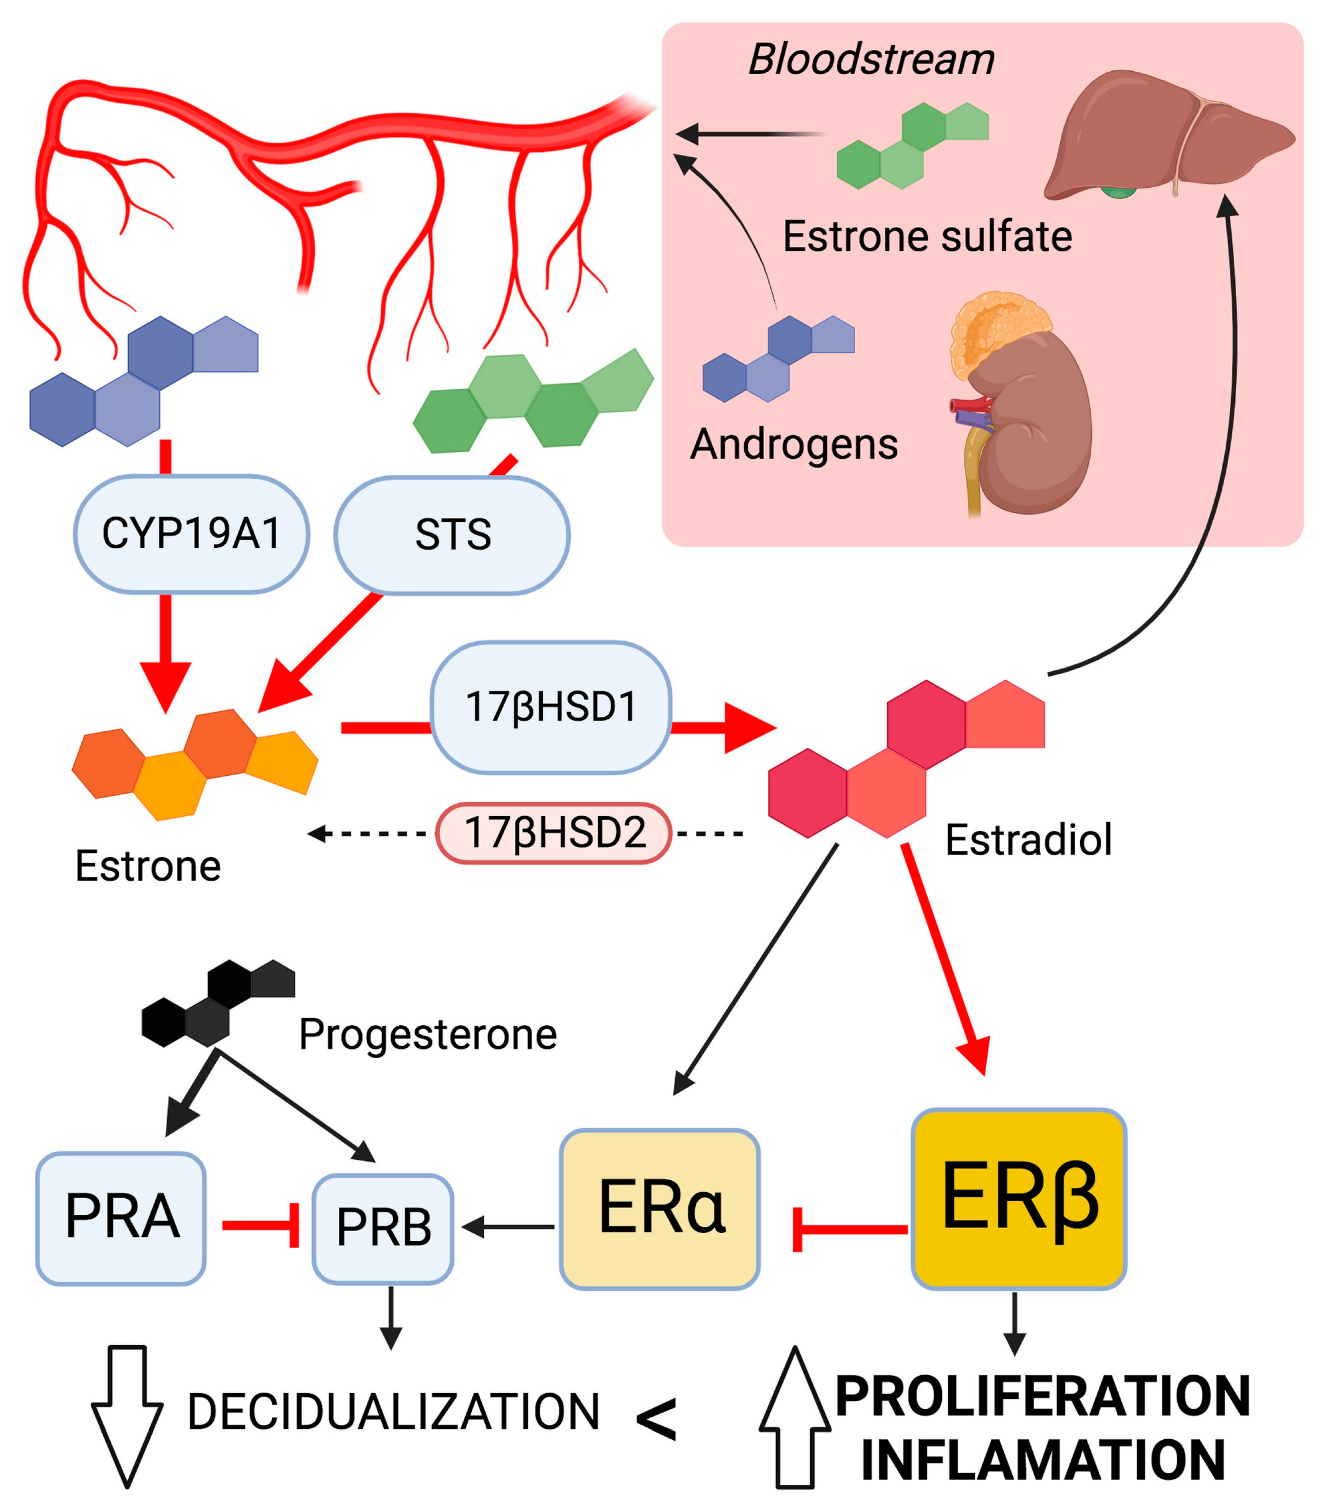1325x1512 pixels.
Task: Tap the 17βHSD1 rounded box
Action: click(551, 707)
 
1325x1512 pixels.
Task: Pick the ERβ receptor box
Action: click(1019, 1199)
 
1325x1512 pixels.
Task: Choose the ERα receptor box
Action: click(660, 1209)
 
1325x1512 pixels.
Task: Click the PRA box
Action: click(121, 1218)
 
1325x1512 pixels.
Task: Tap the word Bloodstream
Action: click(871, 59)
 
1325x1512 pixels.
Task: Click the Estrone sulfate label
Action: click(927, 237)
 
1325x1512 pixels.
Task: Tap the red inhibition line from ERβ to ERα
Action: click(850, 1230)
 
